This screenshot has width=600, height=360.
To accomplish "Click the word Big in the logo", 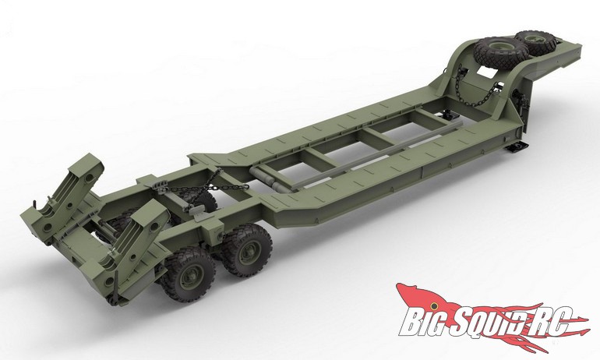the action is (423, 321).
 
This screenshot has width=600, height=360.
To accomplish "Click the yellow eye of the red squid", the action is (433, 305).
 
